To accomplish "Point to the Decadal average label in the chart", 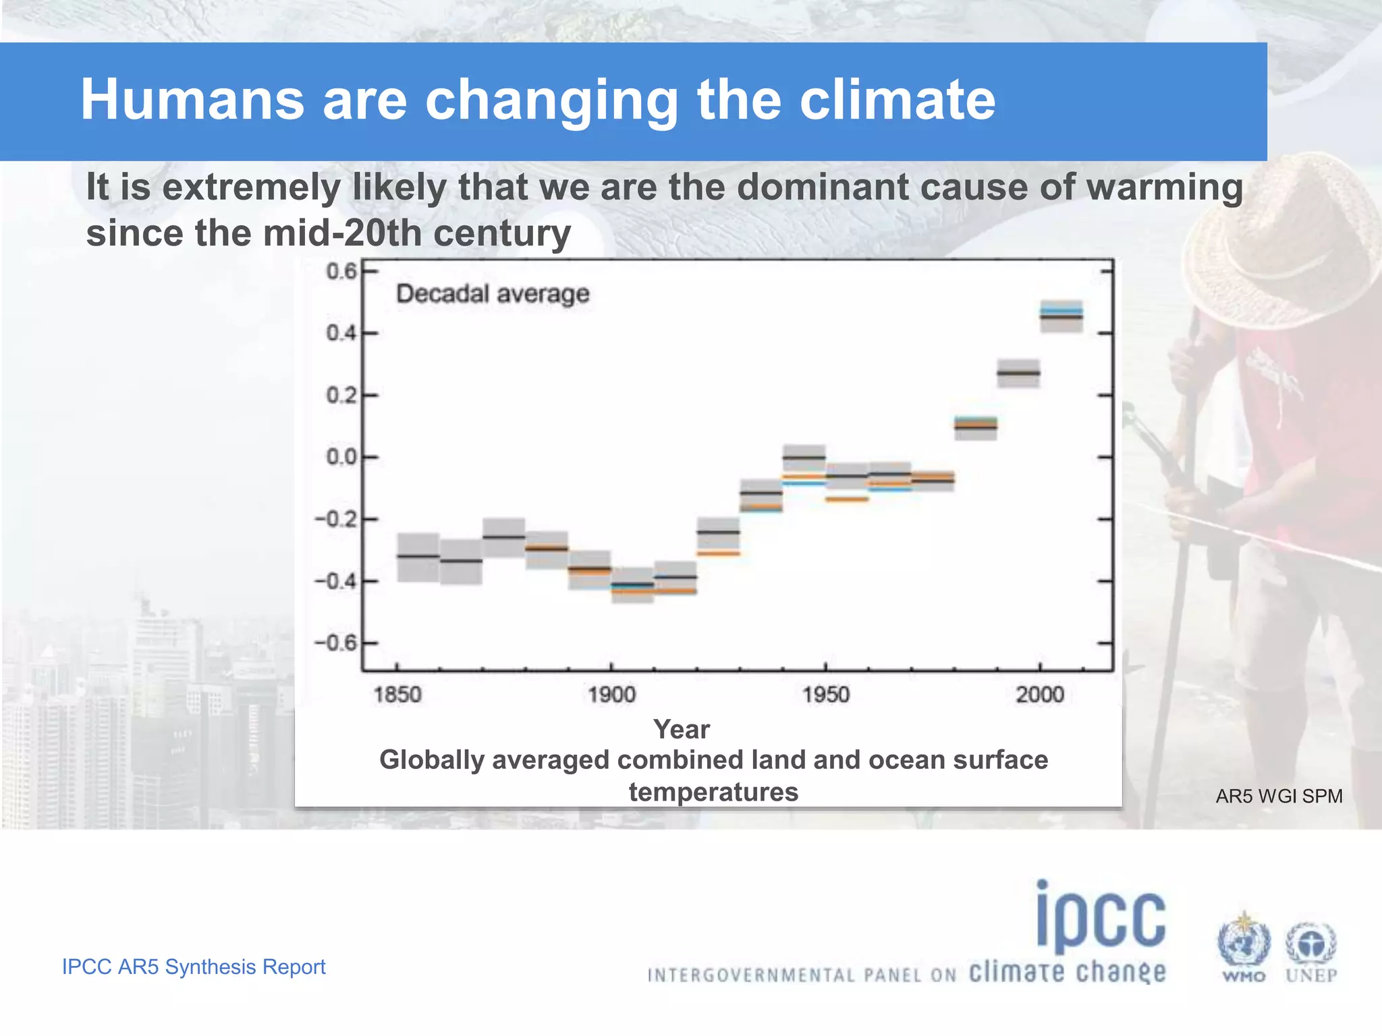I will click(493, 294).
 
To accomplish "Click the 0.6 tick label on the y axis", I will click(341, 271).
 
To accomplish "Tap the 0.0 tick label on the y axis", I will click(341, 457).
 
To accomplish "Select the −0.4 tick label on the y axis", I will click(335, 581).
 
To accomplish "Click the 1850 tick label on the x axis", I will click(397, 694).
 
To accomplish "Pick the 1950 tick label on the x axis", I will click(825, 694).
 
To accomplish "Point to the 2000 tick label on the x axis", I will click(1039, 694).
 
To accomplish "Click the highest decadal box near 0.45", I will click(1061, 316).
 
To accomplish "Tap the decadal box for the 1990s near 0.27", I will click(1018, 373).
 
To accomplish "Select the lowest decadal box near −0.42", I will click(632, 585).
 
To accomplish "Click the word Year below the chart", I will click(681, 729).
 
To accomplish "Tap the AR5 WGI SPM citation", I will click(1279, 797).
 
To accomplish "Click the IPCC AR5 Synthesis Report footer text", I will click(194, 967).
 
